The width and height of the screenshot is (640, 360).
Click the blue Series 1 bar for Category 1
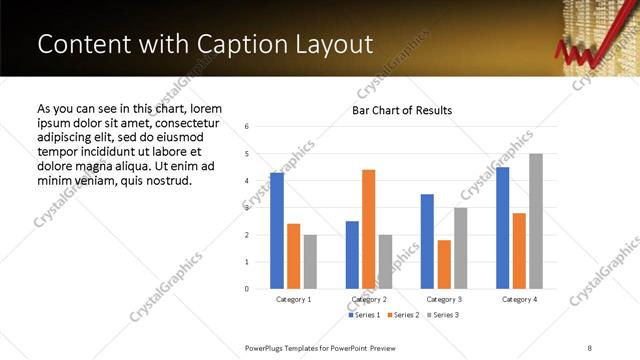click(277, 231)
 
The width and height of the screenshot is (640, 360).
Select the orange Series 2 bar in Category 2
click(369, 229)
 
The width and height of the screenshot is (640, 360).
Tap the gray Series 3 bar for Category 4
click(536, 221)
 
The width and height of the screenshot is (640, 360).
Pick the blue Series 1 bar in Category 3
click(427, 241)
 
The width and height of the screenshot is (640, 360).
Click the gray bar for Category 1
click(310, 262)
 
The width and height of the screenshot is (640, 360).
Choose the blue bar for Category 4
click(502, 228)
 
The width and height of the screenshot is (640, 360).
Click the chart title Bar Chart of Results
click(402, 110)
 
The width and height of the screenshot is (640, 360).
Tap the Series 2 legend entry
click(403, 315)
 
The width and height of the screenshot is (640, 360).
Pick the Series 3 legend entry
click(443, 315)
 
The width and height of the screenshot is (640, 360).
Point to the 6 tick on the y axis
click(247, 127)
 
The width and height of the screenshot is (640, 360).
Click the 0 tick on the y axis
click(247, 289)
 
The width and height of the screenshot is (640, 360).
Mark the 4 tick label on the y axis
click(247, 181)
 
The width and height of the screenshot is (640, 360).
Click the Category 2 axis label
click(369, 299)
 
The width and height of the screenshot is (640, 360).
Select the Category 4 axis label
click(519, 299)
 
